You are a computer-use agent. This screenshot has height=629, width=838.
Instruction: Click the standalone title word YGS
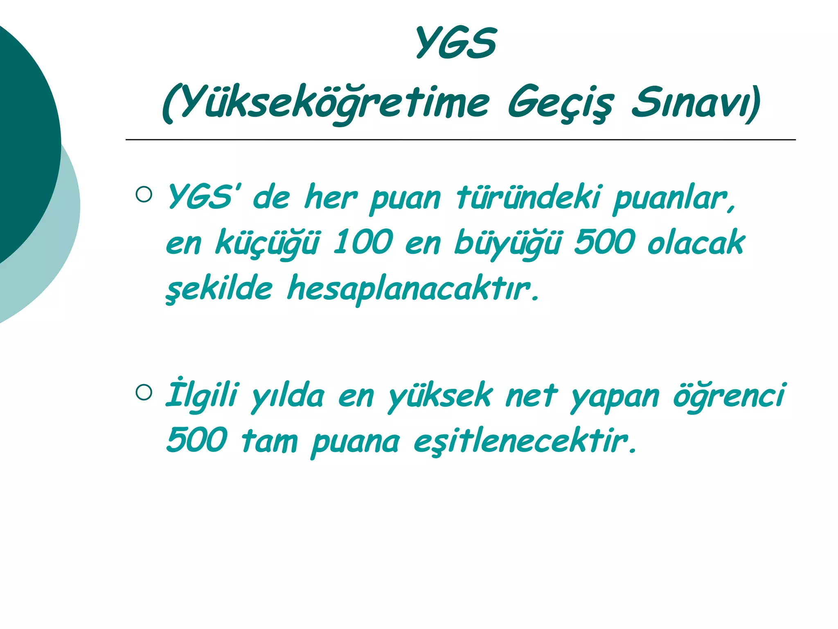pyautogui.click(x=456, y=43)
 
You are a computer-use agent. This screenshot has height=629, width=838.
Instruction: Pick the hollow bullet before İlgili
pyautogui.click(x=144, y=392)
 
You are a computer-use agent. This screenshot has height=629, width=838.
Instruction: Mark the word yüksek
pyautogui.click(x=440, y=396)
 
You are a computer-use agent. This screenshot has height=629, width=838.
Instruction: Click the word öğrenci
pyautogui.click(x=729, y=396)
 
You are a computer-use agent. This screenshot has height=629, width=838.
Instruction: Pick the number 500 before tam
pyautogui.click(x=197, y=440)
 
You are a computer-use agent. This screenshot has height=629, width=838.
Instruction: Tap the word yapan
pyautogui.click(x=615, y=397)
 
